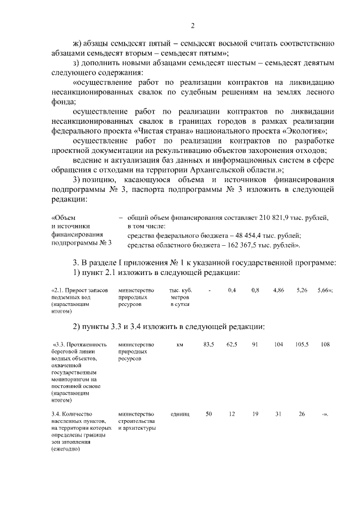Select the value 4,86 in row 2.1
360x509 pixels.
(278, 290)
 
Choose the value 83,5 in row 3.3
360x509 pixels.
(209, 344)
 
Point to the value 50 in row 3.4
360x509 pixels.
(209, 414)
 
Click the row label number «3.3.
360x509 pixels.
(58, 344)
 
